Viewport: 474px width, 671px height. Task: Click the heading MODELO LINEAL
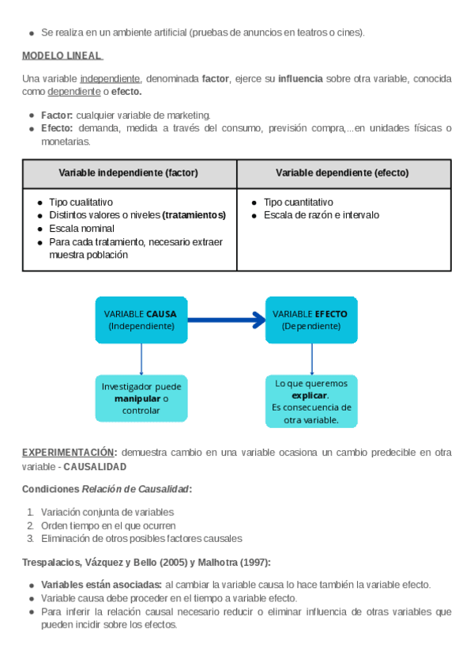coord(62,56)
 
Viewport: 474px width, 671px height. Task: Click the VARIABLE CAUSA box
coord(141,320)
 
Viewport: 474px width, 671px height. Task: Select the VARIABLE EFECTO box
coord(310,320)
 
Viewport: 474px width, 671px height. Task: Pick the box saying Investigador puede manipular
coord(141,398)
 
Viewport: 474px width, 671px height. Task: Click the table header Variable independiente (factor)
coord(129,172)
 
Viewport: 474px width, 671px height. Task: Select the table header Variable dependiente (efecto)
coord(343,172)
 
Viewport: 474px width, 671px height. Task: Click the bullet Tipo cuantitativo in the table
coord(298,202)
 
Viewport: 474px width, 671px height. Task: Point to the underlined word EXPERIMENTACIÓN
coord(69,453)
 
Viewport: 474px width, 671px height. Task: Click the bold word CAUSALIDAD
coord(95,467)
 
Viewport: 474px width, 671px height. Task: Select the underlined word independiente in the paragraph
coord(110,78)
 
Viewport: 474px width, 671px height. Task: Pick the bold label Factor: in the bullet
coord(57,116)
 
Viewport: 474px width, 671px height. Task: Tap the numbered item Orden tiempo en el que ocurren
coord(108,525)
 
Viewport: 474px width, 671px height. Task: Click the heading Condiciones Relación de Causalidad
coord(107,489)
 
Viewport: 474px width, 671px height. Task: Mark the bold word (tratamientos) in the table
coord(194,215)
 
